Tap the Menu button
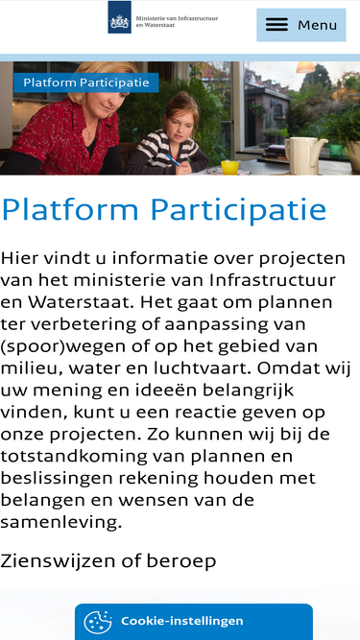tap(301, 25)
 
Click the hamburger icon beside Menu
tap(276, 25)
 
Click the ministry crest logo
tap(120, 17)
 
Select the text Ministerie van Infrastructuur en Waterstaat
tap(177, 21)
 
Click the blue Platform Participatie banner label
tap(86, 83)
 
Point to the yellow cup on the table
tap(229, 167)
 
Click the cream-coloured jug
tap(304, 155)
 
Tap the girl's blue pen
tap(173, 160)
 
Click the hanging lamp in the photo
tap(305, 67)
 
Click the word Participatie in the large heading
tap(238, 210)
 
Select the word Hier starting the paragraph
tap(18, 258)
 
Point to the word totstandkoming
tap(74, 457)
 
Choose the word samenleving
tap(61, 522)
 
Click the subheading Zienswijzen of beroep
tap(108, 561)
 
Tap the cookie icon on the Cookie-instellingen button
tap(98, 622)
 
